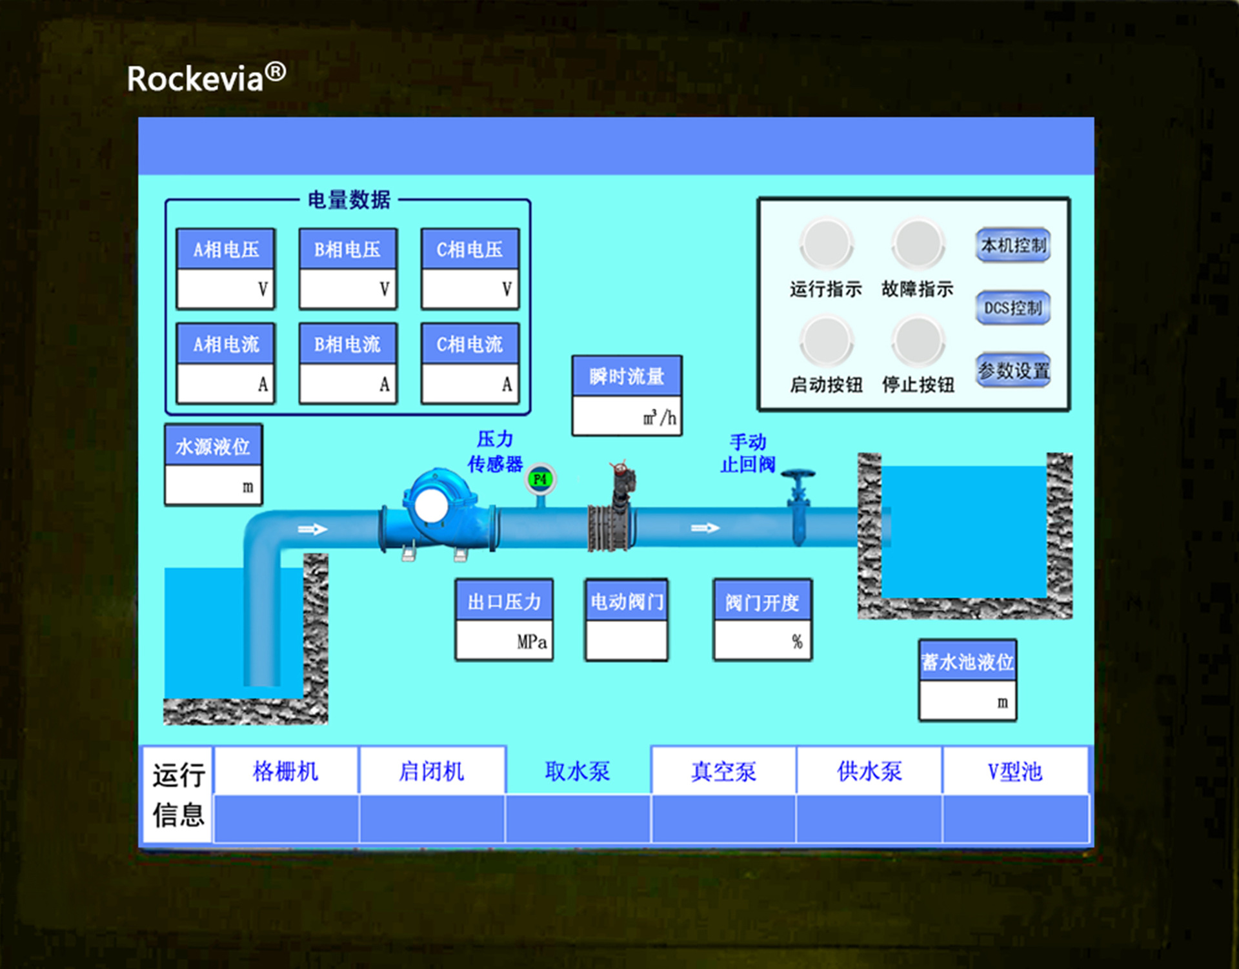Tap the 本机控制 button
(1012, 245)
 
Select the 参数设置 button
(1012, 371)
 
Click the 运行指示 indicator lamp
(826, 244)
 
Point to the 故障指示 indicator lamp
(918, 244)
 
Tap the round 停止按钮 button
(918, 340)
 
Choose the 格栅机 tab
(285, 771)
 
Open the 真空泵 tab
(723, 771)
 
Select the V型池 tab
(1015, 771)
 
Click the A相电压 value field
(225, 289)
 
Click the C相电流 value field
(469, 384)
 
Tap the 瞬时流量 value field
(626, 417)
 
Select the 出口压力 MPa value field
(504, 640)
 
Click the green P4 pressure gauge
(540, 480)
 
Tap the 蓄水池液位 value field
(967, 701)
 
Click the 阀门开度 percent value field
(761, 640)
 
